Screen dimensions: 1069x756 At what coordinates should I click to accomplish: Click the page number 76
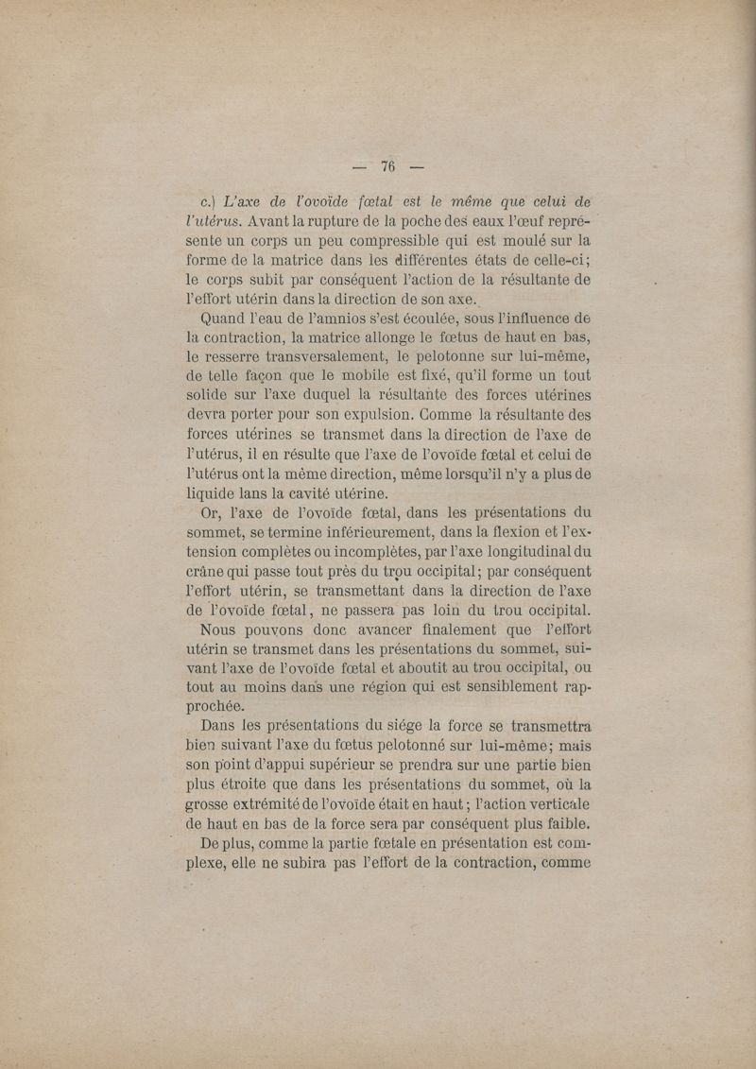pos(387,166)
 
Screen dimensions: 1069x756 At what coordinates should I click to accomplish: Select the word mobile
pos(358,377)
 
